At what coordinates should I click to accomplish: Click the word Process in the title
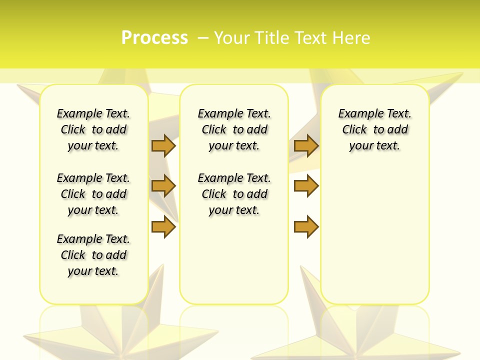point(154,38)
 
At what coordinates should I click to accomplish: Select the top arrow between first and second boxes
point(163,145)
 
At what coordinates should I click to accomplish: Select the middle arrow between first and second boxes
point(163,186)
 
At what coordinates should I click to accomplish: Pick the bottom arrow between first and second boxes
point(163,226)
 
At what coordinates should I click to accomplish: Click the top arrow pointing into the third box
point(306,145)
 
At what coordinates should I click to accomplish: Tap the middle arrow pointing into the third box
point(306,186)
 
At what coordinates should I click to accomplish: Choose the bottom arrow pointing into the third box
point(306,226)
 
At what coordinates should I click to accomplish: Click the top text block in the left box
point(93,129)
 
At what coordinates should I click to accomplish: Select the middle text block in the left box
point(93,194)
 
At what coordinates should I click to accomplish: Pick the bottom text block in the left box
point(93,255)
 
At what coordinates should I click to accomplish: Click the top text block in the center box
point(234,129)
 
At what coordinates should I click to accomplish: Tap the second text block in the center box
point(234,194)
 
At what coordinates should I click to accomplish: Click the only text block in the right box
point(374,129)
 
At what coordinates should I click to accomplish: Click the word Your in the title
point(233,38)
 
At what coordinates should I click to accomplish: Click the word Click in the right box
point(354,129)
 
